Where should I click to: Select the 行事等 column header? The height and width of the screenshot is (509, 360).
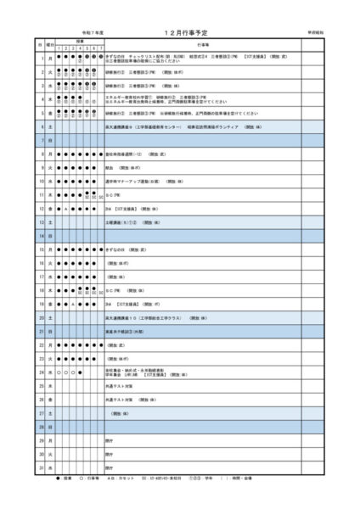click(202, 42)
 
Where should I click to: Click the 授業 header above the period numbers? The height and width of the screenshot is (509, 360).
click(80, 40)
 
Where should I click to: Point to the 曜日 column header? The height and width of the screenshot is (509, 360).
click(50, 42)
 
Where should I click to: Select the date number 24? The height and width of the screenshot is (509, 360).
click(40, 372)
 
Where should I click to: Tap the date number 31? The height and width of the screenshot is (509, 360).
click(40, 467)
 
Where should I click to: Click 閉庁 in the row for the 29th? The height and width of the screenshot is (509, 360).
click(110, 440)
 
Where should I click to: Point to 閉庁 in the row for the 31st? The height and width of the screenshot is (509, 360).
click(110, 467)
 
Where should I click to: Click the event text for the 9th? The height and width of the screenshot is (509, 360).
click(110, 167)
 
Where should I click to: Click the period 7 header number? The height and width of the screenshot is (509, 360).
click(101, 47)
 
